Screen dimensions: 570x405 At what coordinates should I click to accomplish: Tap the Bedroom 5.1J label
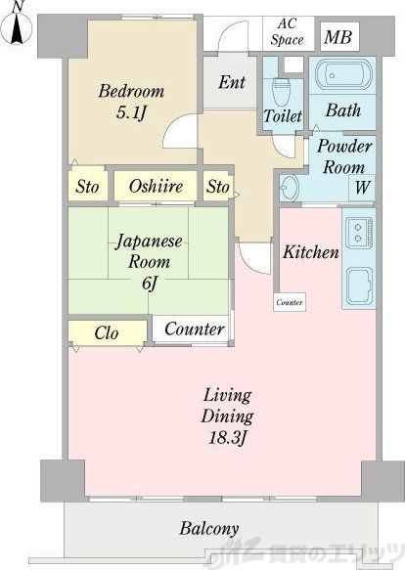coord(130,102)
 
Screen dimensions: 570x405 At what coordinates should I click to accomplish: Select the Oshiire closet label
coord(156,186)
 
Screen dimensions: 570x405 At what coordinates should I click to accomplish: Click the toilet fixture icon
coord(281,93)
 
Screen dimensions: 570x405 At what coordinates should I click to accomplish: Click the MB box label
coord(338,38)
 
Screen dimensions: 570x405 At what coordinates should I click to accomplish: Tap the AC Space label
coord(288,31)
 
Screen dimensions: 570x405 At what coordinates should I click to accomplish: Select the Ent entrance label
coord(232,82)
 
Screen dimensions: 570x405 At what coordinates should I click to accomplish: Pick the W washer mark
coord(362,187)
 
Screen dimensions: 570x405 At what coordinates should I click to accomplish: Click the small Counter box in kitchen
coord(290,303)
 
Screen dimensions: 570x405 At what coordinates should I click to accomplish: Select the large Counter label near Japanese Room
coord(194,329)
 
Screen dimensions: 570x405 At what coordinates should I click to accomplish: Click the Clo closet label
coord(107,333)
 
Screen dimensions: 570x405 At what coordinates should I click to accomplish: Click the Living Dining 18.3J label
coord(228,416)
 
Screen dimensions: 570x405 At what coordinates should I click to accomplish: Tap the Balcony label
coord(209,529)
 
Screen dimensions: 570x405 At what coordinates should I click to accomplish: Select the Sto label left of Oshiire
coord(86,186)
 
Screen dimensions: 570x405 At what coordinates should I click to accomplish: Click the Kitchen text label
coord(310,252)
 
